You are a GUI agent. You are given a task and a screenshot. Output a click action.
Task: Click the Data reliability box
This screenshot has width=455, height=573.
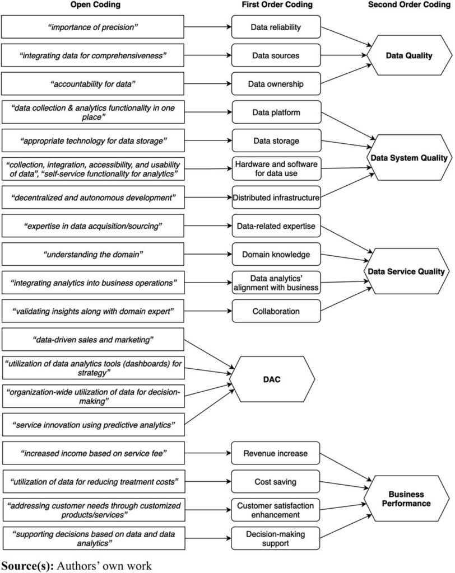pyautogui.click(x=276, y=27)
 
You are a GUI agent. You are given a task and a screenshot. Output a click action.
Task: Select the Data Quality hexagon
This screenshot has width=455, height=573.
pyautogui.click(x=409, y=55)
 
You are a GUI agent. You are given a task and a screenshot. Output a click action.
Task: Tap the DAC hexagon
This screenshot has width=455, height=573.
pyautogui.click(x=272, y=379)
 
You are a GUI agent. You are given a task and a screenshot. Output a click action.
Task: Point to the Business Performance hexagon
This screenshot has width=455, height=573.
pyautogui.click(x=406, y=499)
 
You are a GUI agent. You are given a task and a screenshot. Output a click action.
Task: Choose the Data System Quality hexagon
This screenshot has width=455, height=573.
pyautogui.click(x=409, y=157)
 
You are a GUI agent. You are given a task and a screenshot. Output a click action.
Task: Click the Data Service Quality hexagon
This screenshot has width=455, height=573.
pyautogui.click(x=406, y=271)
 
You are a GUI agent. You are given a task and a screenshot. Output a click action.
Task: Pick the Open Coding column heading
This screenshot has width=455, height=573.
pyautogui.click(x=95, y=4)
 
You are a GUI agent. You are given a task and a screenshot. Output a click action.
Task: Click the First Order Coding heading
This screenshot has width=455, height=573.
pyautogui.click(x=277, y=4)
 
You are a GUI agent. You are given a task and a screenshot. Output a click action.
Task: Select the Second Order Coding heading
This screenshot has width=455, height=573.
pyautogui.click(x=409, y=4)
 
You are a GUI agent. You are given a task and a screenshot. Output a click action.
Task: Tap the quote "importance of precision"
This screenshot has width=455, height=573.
pyautogui.click(x=92, y=27)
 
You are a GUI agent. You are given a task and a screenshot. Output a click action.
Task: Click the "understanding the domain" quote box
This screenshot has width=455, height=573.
pyautogui.click(x=93, y=255)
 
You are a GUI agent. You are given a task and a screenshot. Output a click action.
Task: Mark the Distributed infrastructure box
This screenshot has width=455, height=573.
pyautogui.click(x=276, y=198)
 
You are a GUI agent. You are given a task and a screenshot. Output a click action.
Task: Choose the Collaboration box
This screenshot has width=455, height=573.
pyautogui.click(x=276, y=311)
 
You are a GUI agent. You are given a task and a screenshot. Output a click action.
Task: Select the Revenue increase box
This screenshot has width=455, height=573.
pyautogui.click(x=275, y=453)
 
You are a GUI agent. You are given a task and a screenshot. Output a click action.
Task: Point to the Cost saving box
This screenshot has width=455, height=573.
pyautogui.click(x=275, y=482)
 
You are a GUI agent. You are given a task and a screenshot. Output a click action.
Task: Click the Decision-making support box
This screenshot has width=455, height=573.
pyautogui.click(x=275, y=539)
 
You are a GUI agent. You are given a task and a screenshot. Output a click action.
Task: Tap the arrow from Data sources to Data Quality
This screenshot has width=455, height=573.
pyautogui.click(x=343, y=55)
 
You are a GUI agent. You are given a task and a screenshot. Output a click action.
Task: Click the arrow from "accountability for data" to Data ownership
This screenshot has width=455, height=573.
pyautogui.click(x=207, y=84)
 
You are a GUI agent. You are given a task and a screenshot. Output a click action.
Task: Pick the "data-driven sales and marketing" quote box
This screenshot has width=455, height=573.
pyautogui.click(x=93, y=340)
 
